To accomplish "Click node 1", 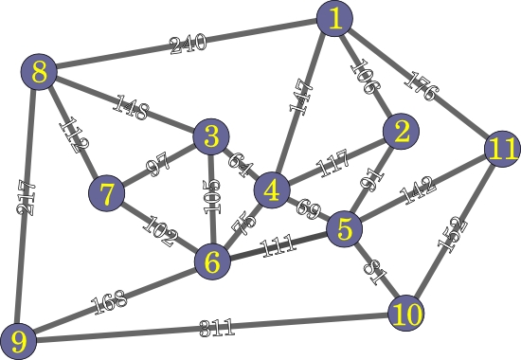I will click(334, 19).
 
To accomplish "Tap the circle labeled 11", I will click(501, 149).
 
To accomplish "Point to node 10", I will click(405, 313).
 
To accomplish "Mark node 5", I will click(345, 228).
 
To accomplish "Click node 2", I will click(402, 133).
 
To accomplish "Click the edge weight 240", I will click(187, 45).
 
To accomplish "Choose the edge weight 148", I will click(130, 107).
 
